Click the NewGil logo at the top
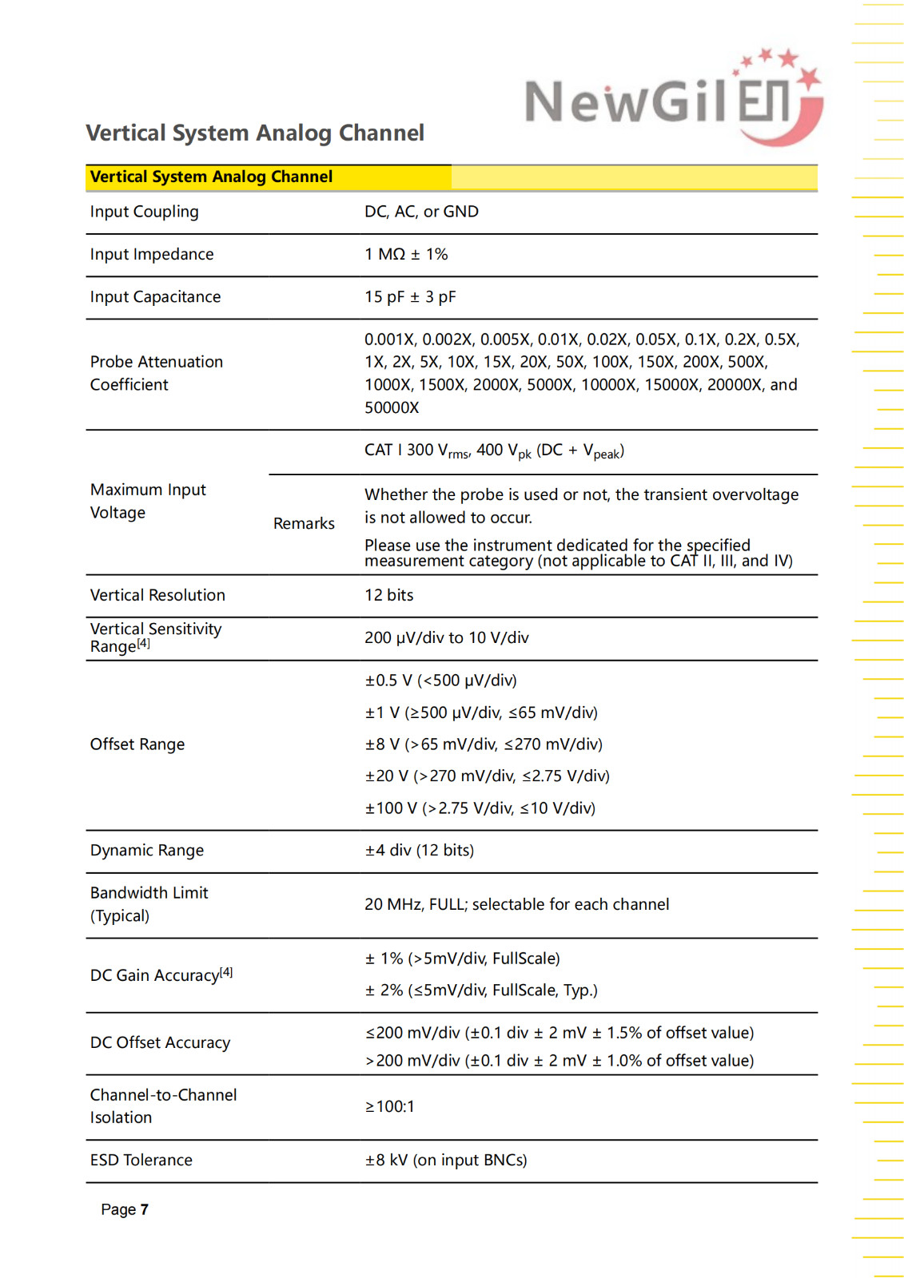[673, 99]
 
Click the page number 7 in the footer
[145, 1209]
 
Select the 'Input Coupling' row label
[144, 212]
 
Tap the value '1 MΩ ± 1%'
[406, 254]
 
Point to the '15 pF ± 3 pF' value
[410, 297]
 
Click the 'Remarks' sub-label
[304, 523]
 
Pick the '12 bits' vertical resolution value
[388, 595]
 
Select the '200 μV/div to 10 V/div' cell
[446, 637]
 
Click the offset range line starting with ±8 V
[484, 744]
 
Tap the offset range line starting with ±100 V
[480, 808]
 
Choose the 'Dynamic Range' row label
[147, 851]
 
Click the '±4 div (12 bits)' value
[419, 851]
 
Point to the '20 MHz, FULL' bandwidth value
[516, 904]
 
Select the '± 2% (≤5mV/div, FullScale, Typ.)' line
[481, 990]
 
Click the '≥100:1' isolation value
[390, 1106]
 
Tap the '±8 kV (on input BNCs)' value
[446, 1160]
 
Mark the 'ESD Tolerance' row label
[141, 1160]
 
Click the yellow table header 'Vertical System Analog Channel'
[211, 177]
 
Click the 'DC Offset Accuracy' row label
[160, 1042]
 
